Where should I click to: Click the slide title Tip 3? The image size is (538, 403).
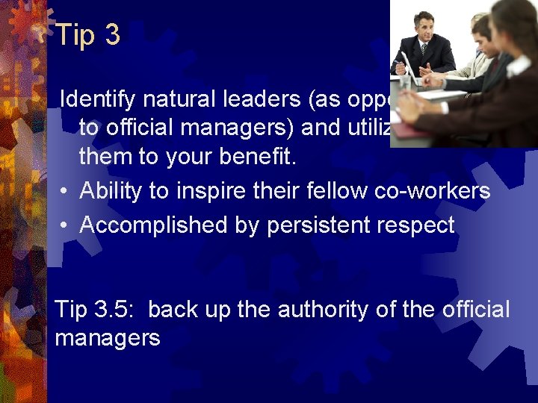(x=88, y=35)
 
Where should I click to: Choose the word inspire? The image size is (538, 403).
(x=208, y=191)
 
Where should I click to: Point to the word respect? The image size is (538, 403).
(x=417, y=225)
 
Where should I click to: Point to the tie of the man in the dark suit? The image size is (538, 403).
(x=424, y=51)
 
